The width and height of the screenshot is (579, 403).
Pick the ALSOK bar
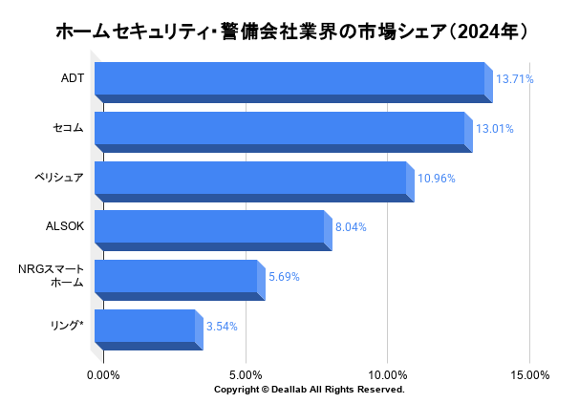tap(209, 227)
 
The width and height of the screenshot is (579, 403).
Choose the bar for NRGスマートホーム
tap(176, 277)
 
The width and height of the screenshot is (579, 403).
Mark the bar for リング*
tap(144, 327)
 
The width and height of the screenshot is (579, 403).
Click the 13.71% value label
tap(514, 79)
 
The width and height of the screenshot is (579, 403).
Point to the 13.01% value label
tap(494, 129)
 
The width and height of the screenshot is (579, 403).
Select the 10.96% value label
tap(436, 179)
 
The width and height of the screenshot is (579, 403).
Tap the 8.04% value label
tap(351, 227)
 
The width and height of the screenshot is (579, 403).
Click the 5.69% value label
tap(284, 277)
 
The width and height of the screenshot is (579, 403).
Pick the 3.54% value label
tap(222, 327)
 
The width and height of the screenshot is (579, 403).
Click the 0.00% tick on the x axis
tap(103, 375)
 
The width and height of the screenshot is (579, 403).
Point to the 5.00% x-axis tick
tap(246, 375)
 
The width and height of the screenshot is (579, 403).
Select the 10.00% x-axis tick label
tap(388, 375)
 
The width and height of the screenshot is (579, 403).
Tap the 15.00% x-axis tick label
tap(530, 375)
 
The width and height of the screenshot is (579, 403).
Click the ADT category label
tap(73, 78)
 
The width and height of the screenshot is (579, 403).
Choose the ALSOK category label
tap(65, 227)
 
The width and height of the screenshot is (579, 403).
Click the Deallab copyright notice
tap(310, 390)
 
